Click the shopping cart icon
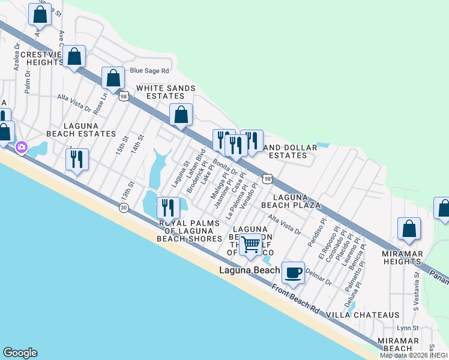(250, 244)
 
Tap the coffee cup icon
(293, 272)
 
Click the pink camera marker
(22, 146)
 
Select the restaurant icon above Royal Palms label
(168, 208)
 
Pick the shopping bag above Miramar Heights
(409, 229)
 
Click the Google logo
(20, 353)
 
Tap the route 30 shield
(123, 208)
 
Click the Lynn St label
(407, 328)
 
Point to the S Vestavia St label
(415, 290)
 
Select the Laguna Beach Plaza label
(297, 201)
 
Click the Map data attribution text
(414, 355)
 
